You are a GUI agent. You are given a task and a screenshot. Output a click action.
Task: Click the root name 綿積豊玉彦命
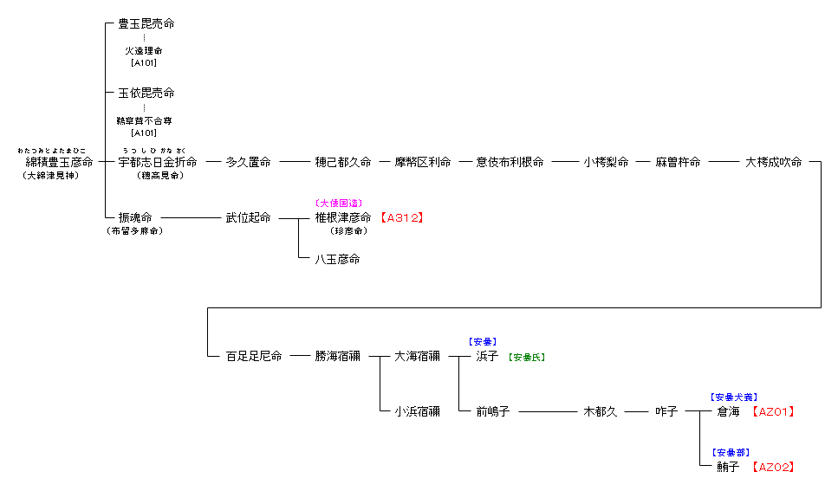click(x=59, y=162)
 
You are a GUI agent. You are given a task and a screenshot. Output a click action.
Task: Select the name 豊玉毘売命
click(x=146, y=24)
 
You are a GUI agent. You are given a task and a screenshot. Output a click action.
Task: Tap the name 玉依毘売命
click(x=146, y=93)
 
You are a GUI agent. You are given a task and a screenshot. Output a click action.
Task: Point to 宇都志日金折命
click(x=158, y=162)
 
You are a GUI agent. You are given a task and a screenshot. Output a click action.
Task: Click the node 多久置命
click(x=248, y=162)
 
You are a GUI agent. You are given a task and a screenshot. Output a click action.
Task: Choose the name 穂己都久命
click(x=343, y=162)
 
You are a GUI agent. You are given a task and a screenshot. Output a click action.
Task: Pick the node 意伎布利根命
click(x=510, y=162)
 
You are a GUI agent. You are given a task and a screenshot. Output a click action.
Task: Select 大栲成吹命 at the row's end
click(x=774, y=162)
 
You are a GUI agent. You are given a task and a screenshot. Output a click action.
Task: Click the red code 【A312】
click(x=401, y=218)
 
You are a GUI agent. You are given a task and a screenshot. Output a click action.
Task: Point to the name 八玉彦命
click(x=337, y=259)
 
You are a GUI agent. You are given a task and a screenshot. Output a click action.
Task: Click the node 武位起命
click(x=248, y=218)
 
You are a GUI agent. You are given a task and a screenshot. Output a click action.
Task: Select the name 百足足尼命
click(x=254, y=356)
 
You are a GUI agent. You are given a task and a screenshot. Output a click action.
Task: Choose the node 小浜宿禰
click(x=417, y=411)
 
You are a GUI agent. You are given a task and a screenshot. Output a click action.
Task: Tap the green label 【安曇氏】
click(x=527, y=357)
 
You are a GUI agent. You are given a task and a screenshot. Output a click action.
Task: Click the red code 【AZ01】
click(x=772, y=412)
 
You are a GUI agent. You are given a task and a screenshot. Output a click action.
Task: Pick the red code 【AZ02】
click(x=772, y=468)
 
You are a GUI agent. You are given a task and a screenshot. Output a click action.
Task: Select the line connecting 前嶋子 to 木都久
click(x=550, y=412)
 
